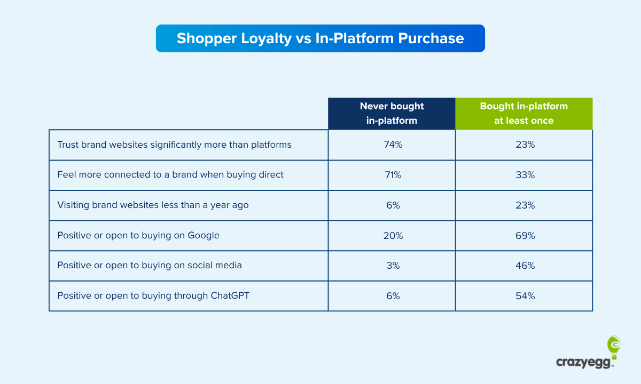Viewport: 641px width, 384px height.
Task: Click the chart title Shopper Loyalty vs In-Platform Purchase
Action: click(320, 38)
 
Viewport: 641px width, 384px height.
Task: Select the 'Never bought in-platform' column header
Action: click(392, 113)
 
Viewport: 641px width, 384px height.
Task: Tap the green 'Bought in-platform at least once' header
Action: click(523, 113)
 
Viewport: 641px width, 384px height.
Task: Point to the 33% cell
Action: click(523, 175)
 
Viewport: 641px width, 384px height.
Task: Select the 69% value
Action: click(523, 235)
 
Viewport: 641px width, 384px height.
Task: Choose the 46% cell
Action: click(523, 266)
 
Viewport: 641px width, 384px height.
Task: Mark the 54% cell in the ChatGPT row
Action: click(523, 296)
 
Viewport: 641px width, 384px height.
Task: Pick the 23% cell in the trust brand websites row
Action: click(523, 145)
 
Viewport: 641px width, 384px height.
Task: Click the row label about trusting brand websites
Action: click(174, 145)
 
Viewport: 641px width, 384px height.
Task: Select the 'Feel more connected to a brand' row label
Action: click(170, 175)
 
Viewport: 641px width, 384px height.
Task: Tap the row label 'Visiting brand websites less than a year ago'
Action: click(153, 205)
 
